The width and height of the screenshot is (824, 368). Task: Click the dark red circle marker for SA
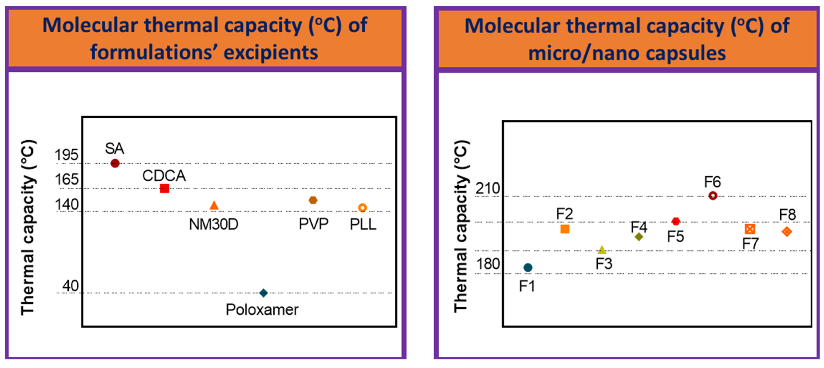(x=115, y=163)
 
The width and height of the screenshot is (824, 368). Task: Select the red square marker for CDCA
(x=164, y=188)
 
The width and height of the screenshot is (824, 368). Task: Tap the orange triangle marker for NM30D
(x=214, y=206)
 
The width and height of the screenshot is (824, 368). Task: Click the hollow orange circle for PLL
(x=362, y=208)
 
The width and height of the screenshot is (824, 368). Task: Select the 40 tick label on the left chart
(x=70, y=286)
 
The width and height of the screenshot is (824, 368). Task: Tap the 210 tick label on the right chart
(x=488, y=188)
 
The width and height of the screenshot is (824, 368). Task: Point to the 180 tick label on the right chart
(x=488, y=264)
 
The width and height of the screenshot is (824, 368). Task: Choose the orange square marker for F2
(x=565, y=229)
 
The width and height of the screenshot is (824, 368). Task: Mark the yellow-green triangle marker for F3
(x=602, y=250)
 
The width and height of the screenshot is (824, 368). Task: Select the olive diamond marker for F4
(x=639, y=237)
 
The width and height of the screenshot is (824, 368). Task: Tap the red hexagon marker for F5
(x=676, y=221)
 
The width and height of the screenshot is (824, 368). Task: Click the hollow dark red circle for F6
(x=713, y=196)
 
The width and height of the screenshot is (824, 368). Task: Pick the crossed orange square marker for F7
(x=750, y=229)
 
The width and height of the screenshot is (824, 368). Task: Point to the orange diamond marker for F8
(x=787, y=232)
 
